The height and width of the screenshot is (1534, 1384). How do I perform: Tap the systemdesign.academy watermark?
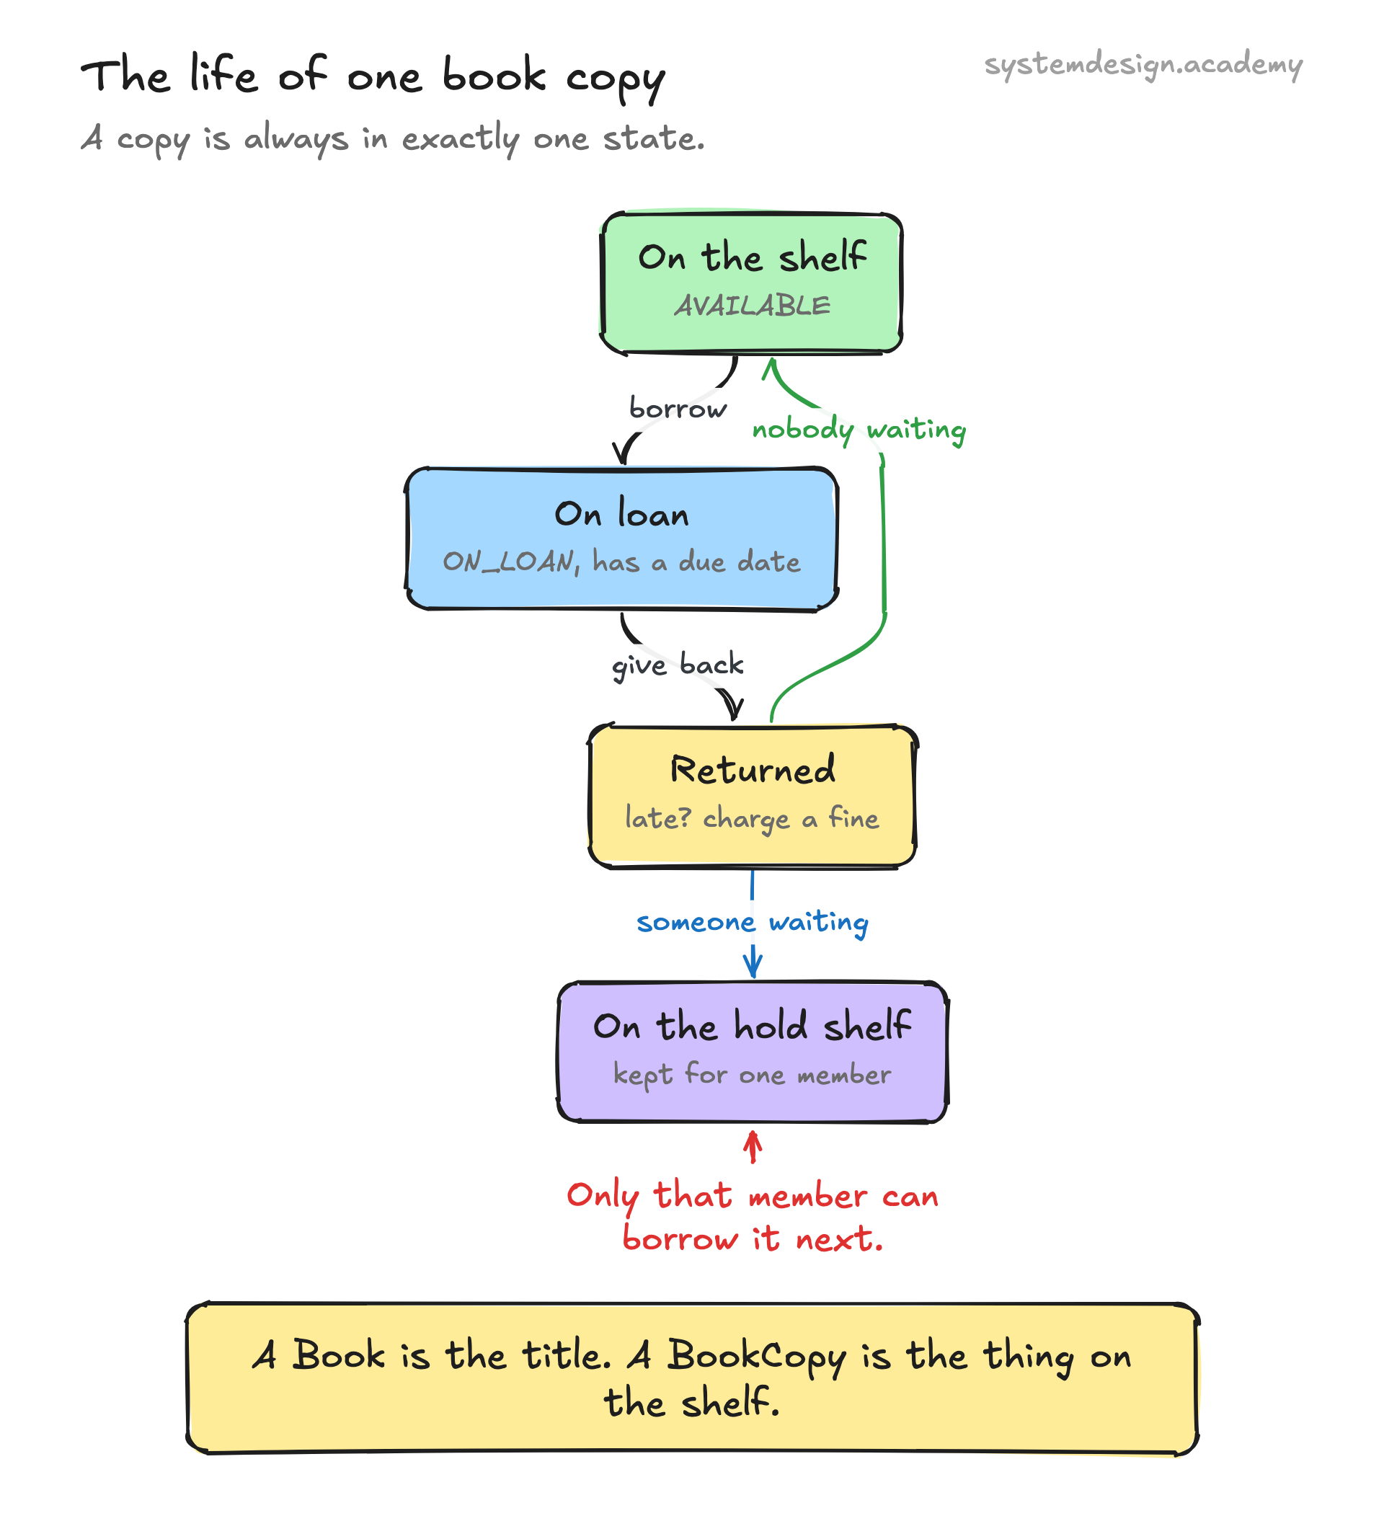pos(1143,66)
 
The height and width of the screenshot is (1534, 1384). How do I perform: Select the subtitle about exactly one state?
pos(392,139)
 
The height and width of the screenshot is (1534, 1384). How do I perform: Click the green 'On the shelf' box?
pos(751,283)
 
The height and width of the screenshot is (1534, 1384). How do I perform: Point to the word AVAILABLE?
pos(752,306)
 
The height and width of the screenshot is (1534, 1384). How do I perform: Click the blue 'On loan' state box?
pos(621,538)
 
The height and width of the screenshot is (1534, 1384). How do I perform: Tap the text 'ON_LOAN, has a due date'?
pos(621,562)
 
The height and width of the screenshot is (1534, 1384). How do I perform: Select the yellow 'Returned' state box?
pos(752,796)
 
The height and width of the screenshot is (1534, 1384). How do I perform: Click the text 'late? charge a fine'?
pos(751,819)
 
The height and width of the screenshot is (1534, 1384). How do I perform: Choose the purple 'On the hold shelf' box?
pos(752,1052)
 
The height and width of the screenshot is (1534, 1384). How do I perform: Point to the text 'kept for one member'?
pos(752,1076)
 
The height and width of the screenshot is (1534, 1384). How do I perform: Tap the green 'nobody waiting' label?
pos(859,430)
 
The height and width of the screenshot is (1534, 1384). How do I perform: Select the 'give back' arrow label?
pos(678,665)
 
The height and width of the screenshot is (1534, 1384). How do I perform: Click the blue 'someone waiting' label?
pos(752,923)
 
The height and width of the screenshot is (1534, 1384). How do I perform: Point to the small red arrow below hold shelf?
pos(753,1147)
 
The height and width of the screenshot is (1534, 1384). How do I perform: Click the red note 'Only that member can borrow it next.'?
pos(752,1217)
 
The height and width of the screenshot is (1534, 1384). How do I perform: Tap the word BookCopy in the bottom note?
pos(756,1358)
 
